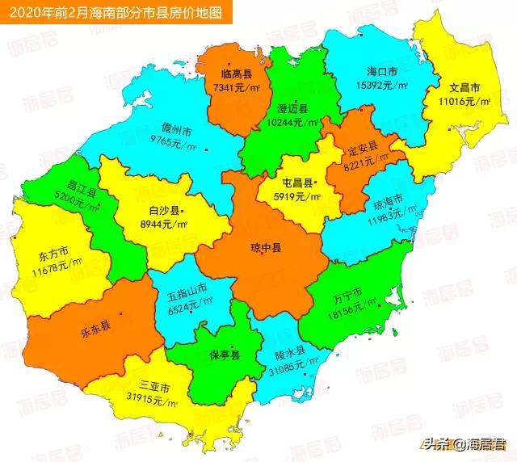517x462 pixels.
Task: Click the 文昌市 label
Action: point(465,88)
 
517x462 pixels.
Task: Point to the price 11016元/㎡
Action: point(465,101)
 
